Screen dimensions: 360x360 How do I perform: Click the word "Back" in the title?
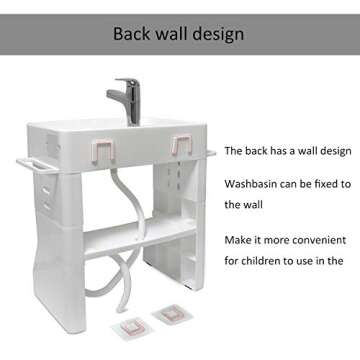pos(130,33)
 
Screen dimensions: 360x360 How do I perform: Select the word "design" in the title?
pos(216,33)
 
